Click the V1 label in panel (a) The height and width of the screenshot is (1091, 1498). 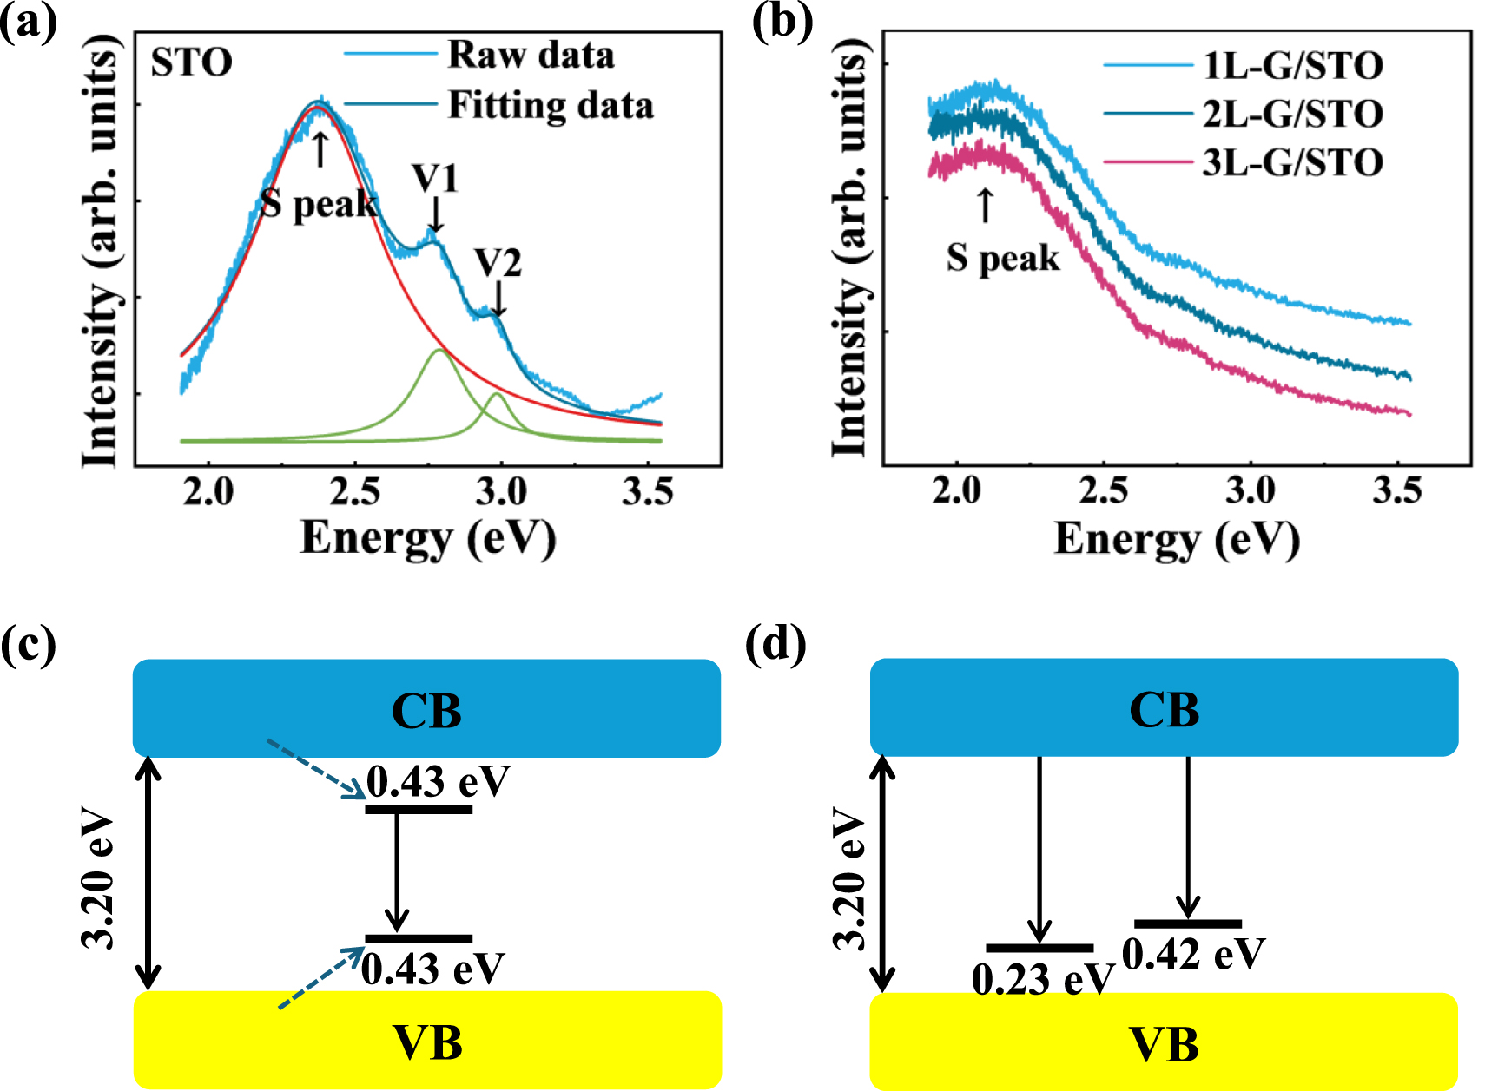click(x=435, y=180)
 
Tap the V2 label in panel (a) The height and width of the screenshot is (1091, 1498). click(x=498, y=263)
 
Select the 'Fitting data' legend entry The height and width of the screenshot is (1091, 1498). click(x=550, y=106)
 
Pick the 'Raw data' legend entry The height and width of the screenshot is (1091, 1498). click(x=530, y=56)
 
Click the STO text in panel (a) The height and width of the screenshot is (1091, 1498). click(x=192, y=62)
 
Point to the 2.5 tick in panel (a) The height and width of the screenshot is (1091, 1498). click(x=355, y=492)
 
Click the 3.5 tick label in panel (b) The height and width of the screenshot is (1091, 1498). click(x=1396, y=491)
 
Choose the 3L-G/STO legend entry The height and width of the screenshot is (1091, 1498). click(x=1292, y=163)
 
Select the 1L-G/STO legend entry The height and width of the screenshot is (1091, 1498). click(x=1292, y=66)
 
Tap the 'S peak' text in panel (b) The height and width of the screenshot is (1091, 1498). click(x=1003, y=258)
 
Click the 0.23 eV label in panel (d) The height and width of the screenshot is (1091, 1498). click(x=1041, y=980)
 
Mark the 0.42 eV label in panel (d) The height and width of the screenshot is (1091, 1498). click(x=1193, y=954)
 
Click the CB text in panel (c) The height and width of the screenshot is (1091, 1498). click(x=426, y=711)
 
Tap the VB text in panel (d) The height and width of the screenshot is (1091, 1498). click(x=1164, y=1044)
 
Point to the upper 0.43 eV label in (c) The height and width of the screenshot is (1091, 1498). click(x=437, y=782)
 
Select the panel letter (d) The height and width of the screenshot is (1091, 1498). click(x=775, y=645)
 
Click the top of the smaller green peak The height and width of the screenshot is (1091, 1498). click(x=496, y=394)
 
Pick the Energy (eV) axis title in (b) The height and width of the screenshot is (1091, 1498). click(x=1177, y=539)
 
